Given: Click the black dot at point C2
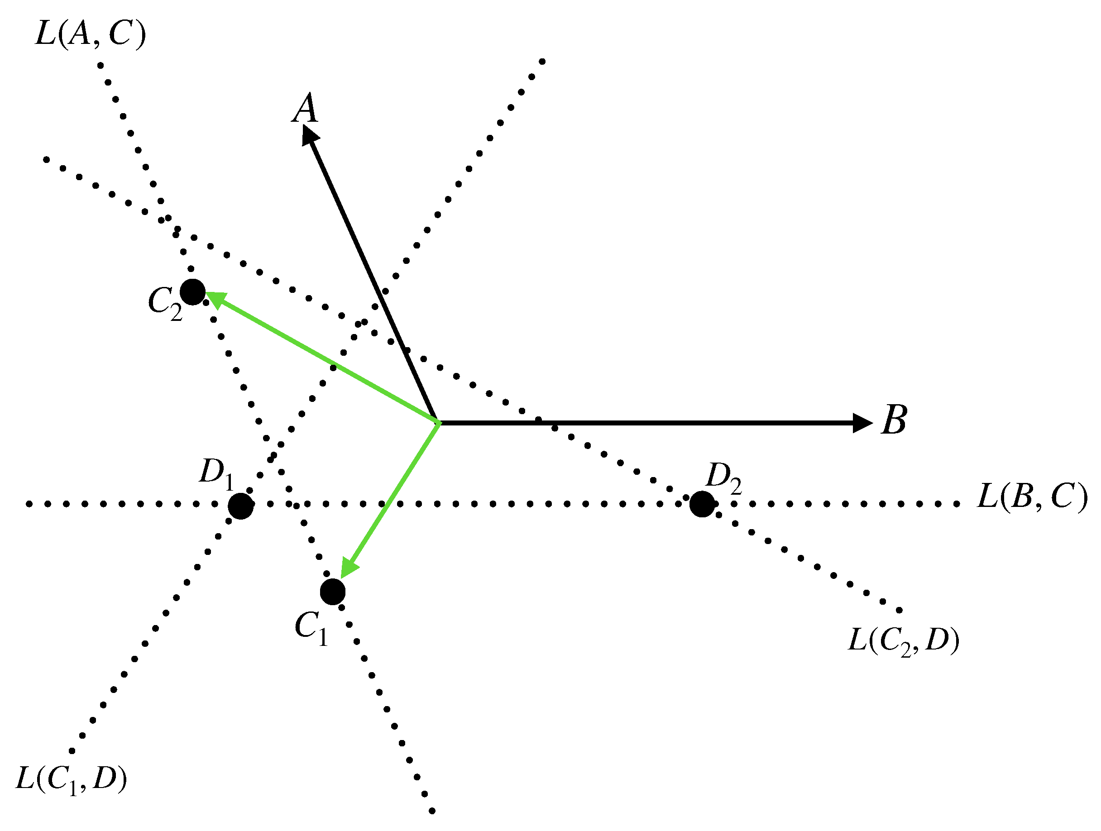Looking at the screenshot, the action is pos(192,291).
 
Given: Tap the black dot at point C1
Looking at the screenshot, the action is pos(332,592).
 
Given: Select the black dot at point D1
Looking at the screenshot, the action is pos(241,506).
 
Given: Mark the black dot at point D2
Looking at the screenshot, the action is pos(702,504).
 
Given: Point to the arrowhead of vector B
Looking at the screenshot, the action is pos(862,423).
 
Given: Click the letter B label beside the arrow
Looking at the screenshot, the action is pos(895,420).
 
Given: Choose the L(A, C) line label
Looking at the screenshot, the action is pos(91,34).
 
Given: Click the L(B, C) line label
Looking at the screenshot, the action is pos(1032,496).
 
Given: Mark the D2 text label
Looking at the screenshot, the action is pos(724,477).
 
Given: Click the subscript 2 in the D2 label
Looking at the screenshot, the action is pos(736,486).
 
